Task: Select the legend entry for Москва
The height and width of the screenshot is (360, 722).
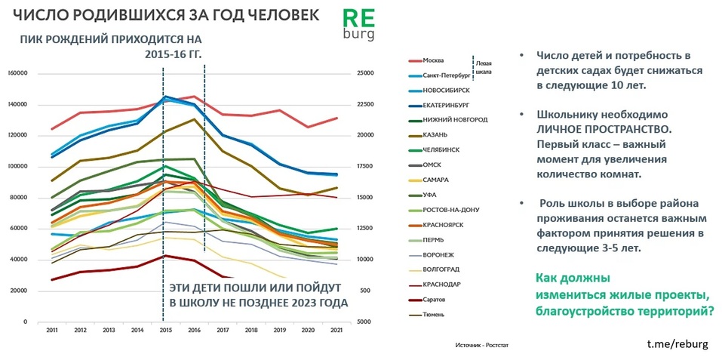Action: (x=433, y=60)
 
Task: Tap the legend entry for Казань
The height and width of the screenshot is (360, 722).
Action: (x=435, y=134)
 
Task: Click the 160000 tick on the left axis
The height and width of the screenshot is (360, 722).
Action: (x=17, y=73)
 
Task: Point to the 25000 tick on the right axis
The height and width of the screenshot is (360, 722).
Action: (x=366, y=73)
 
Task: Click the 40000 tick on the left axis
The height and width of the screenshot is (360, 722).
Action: (x=19, y=260)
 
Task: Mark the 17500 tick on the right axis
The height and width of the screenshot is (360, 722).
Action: (x=366, y=166)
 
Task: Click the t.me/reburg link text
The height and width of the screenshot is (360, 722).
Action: (x=677, y=343)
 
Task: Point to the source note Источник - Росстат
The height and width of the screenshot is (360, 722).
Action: (x=483, y=343)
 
